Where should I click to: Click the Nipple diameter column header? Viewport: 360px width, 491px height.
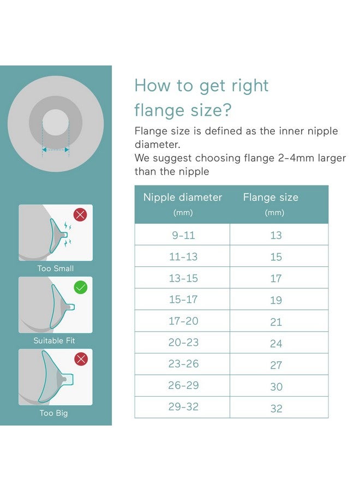click(x=183, y=197)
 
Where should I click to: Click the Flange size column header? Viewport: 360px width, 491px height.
click(x=271, y=197)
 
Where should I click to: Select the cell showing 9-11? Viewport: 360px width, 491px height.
click(x=183, y=235)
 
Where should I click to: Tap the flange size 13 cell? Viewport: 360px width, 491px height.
click(x=276, y=235)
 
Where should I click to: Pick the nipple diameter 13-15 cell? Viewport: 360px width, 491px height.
click(x=183, y=278)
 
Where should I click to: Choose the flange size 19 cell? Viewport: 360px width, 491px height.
click(x=276, y=300)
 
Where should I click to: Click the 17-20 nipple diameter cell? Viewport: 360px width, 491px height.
click(x=183, y=321)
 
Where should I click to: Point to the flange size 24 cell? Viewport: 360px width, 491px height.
click(x=276, y=343)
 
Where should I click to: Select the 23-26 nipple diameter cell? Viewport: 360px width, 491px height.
click(x=183, y=364)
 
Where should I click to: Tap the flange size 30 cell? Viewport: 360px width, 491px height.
click(x=276, y=386)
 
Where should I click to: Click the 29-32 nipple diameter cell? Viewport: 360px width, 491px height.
click(x=183, y=408)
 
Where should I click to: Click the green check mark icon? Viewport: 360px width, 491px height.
click(x=80, y=287)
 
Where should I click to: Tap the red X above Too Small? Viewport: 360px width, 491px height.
click(x=80, y=214)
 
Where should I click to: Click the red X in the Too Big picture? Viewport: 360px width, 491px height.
click(x=80, y=358)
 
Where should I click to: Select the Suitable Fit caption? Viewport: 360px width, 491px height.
click(x=55, y=340)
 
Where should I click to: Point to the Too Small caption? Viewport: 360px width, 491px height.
click(x=56, y=268)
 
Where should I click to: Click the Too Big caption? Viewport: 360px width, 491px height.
click(x=54, y=413)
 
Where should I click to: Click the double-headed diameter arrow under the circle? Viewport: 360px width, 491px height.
click(x=56, y=148)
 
